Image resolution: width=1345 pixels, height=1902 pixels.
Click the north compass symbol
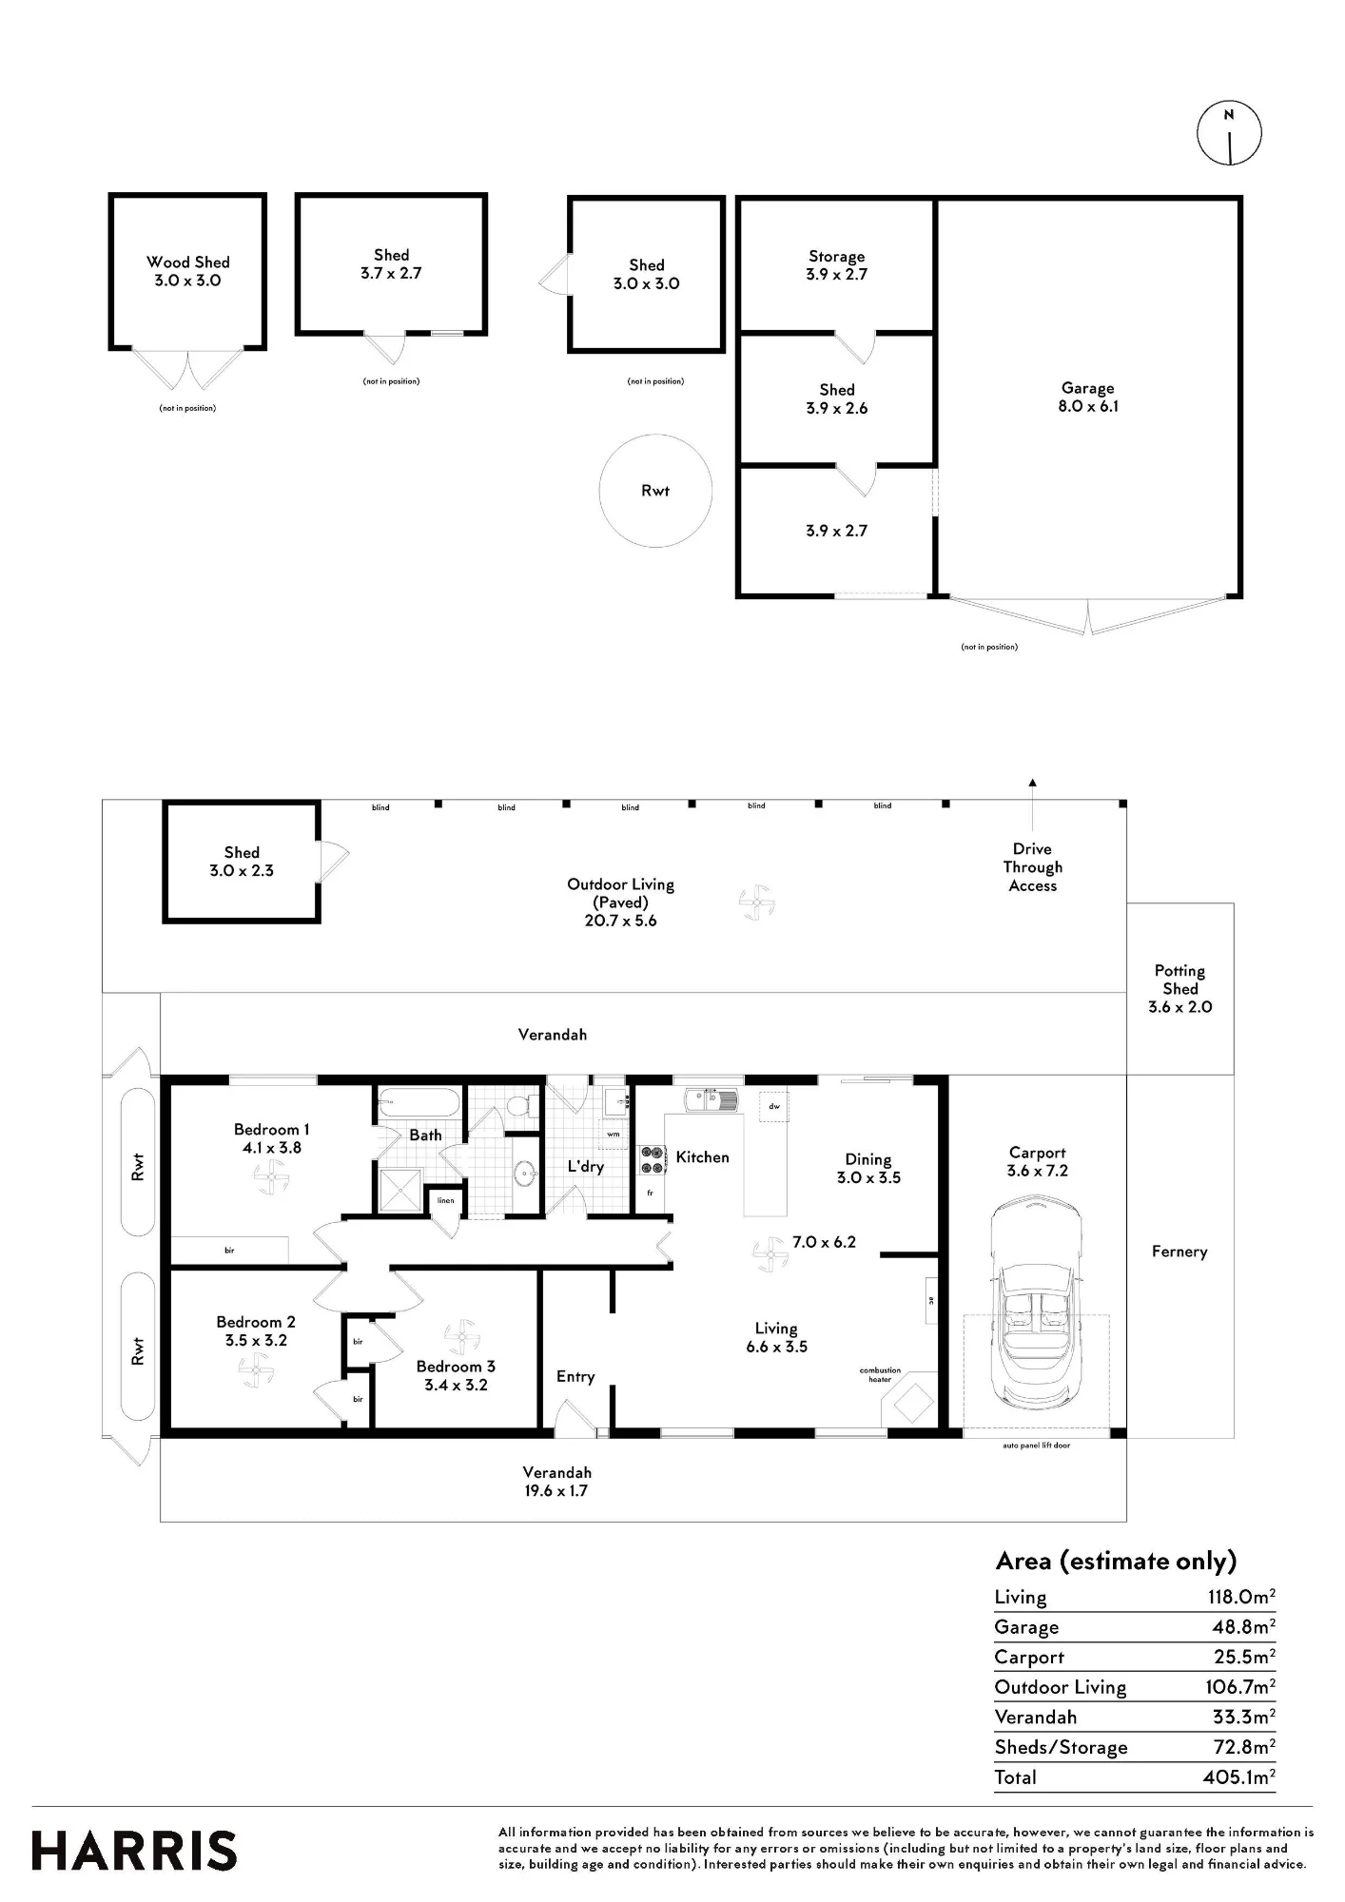pyautogui.click(x=1229, y=134)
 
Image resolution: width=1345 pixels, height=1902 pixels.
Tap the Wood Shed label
pyautogui.click(x=188, y=262)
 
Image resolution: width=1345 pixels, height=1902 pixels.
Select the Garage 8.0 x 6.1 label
pyautogui.click(x=1087, y=397)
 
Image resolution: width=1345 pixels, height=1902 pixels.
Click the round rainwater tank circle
pyautogui.click(x=655, y=491)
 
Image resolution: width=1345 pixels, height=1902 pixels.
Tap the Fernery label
pyautogui.click(x=1179, y=1252)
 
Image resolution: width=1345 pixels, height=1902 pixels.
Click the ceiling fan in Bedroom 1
pyautogui.click(x=271, y=1179)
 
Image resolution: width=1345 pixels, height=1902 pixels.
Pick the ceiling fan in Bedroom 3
pyautogui.click(x=461, y=1336)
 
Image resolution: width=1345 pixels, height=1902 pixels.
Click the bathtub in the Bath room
pyautogui.click(x=419, y=1106)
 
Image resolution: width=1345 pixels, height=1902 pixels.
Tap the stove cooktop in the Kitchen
pyautogui.click(x=652, y=1159)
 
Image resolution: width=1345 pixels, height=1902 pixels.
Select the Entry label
pyautogui.click(x=575, y=1376)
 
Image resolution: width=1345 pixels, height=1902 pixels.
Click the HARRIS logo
pyautogui.click(x=134, y=1851)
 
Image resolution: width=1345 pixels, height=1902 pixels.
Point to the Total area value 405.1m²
pyautogui.click(x=1238, y=1776)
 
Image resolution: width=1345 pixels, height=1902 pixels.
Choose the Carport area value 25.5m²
pyautogui.click(x=1244, y=1657)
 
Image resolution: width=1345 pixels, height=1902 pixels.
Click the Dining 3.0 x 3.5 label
pyautogui.click(x=868, y=1168)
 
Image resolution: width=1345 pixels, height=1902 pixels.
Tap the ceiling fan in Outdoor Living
pyautogui.click(x=758, y=902)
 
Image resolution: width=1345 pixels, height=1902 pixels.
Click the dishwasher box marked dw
pyautogui.click(x=774, y=1106)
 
